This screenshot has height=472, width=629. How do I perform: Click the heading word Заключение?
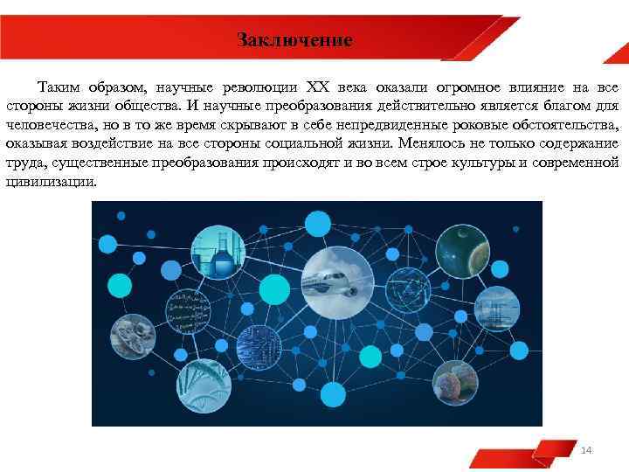click(294, 40)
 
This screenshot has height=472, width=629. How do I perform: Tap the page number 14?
click(586, 449)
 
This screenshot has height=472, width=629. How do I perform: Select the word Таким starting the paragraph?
click(57, 88)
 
